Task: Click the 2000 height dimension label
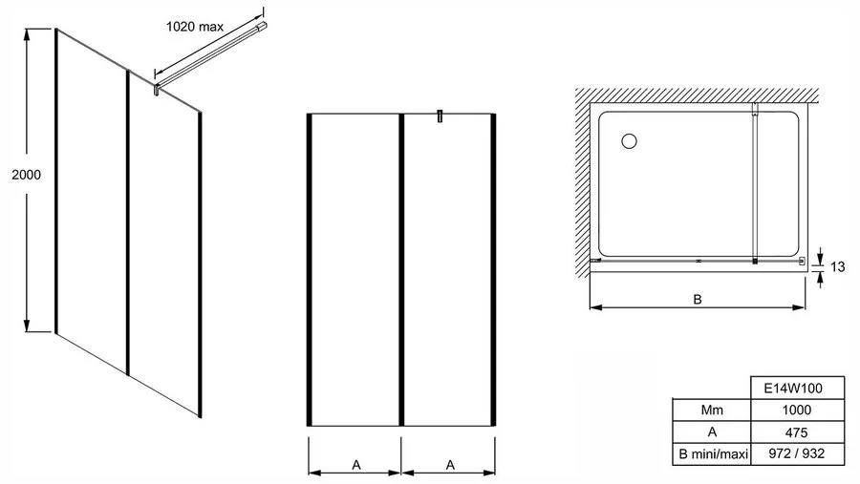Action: click(27, 175)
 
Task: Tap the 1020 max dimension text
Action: click(195, 27)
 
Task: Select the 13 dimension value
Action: click(837, 267)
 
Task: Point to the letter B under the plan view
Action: click(698, 300)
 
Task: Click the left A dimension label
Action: click(356, 465)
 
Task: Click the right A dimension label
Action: click(450, 465)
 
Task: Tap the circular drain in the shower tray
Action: click(629, 141)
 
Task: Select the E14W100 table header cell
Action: click(797, 389)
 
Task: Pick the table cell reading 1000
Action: click(797, 410)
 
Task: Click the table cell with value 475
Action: click(797, 431)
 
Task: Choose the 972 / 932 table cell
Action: click(797, 453)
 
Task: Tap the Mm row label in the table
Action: click(712, 410)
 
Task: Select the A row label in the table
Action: click(712, 431)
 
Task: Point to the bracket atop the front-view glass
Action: click(440, 116)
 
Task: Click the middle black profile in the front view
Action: click(401, 269)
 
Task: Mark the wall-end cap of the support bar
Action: click(264, 26)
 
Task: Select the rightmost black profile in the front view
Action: click(493, 269)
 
